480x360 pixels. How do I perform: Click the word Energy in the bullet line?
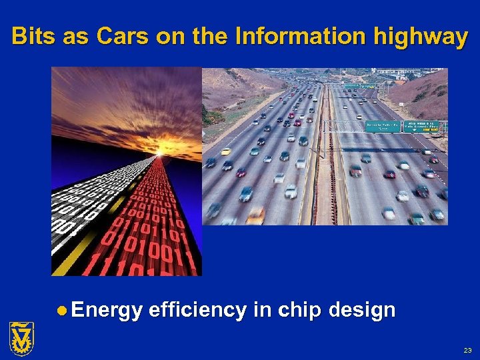tap(107, 310)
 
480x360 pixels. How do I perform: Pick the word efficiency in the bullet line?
tap(198, 310)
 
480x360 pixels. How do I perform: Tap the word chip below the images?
tap(295, 310)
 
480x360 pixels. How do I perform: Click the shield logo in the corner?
tap(21, 337)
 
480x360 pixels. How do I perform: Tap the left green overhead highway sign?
tap(381, 125)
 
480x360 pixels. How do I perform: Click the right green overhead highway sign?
tap(422, 127)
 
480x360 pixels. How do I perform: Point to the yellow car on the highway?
tap(226, 151)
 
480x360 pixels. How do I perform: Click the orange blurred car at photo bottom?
tap(255, 215)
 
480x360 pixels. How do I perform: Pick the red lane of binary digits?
tap(153, 220)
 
